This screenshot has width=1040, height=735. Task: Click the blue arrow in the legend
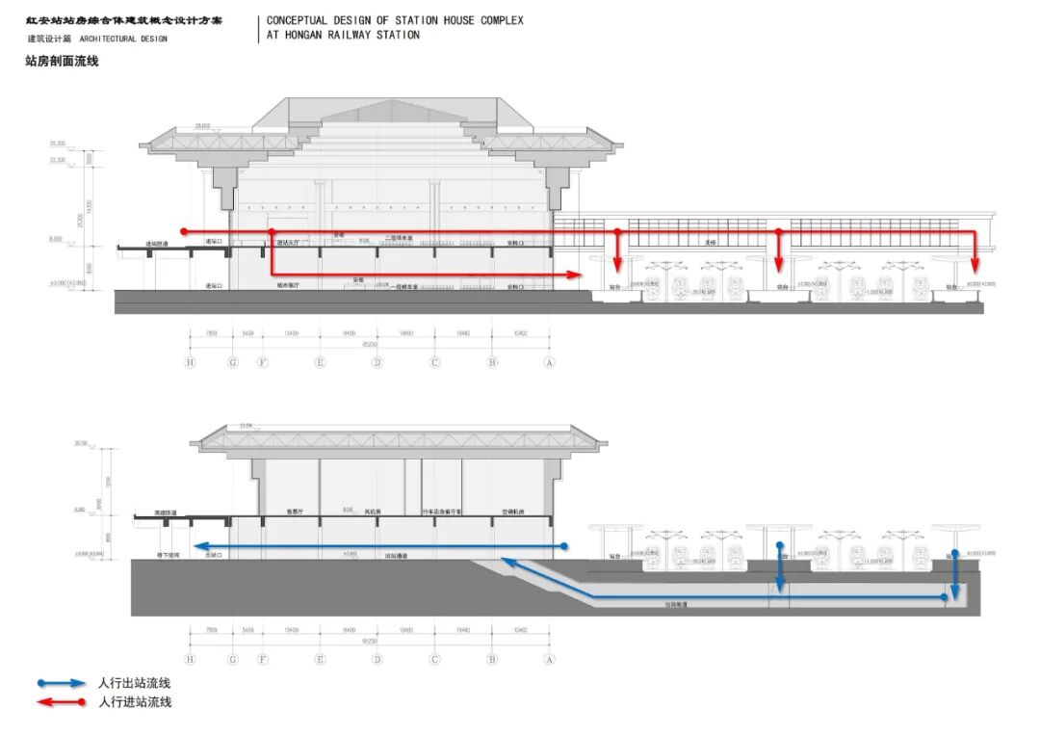64,683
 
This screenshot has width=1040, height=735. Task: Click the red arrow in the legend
64,702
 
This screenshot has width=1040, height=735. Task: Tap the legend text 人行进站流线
135,702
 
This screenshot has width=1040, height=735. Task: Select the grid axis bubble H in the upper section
191,362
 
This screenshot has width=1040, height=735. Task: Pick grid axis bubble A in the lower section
550,659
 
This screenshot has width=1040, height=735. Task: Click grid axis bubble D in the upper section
377,362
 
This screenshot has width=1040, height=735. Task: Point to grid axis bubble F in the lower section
262,659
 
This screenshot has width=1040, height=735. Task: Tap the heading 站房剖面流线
63,61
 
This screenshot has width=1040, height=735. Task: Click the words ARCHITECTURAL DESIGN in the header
122,39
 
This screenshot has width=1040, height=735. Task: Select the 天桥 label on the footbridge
710,242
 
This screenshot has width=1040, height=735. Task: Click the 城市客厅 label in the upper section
289,286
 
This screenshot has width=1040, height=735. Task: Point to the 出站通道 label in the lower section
395,556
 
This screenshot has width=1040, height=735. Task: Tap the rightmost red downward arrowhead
975,266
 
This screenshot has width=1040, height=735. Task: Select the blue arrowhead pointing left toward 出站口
201,547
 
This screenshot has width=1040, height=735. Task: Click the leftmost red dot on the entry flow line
183,231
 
